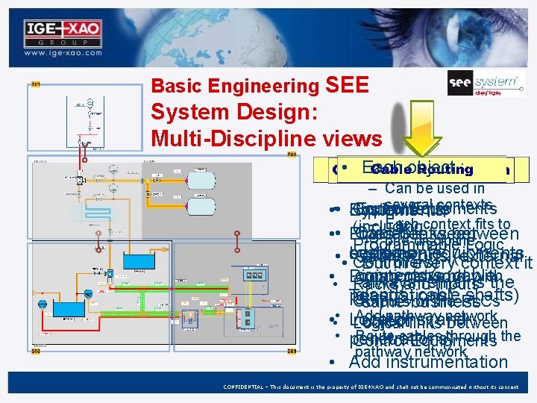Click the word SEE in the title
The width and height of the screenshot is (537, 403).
(x=348, y=86)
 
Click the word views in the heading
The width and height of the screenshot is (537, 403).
(x=353, y=138)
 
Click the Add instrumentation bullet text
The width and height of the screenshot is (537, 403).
(x=428, y=363)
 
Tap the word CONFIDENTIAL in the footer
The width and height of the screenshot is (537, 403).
(x=252, y=387)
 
